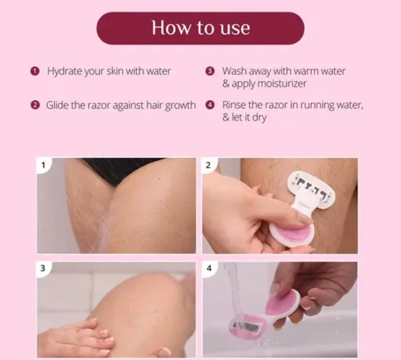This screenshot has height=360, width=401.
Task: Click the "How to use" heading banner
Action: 200,28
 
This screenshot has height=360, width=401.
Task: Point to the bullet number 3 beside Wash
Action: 210,71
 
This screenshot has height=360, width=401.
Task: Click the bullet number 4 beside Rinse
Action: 210,105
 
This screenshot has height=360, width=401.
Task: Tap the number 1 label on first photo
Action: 43,165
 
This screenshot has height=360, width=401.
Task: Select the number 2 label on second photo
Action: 208,165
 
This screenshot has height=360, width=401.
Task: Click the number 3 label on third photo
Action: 43,268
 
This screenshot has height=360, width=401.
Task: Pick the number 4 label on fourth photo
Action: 209,268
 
